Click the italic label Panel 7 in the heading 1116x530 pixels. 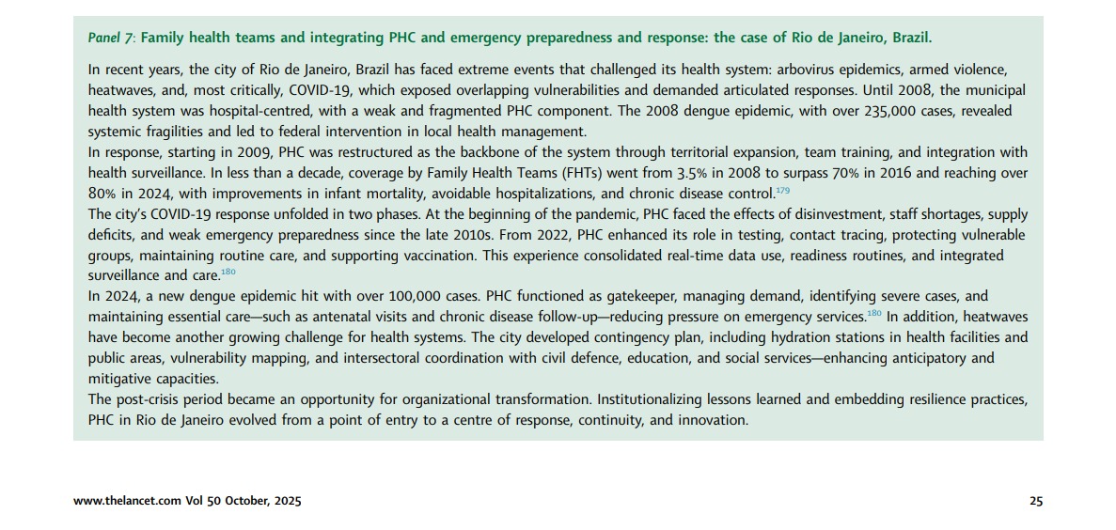[x=110, y=39]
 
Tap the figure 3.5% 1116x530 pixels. [x=603, y=173]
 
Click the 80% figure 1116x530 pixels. [x=102, y=194]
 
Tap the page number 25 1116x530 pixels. [x=1035, y=502]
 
